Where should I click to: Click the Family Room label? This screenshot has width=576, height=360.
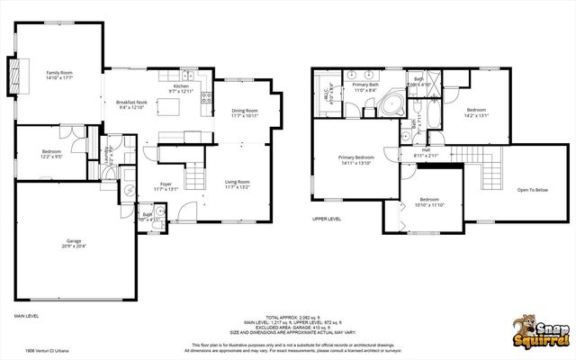coord(59,75)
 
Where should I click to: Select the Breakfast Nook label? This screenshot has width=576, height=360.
coord(131,104)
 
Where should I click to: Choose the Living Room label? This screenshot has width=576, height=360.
coord(237,184)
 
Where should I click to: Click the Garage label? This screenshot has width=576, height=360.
coord(74,243)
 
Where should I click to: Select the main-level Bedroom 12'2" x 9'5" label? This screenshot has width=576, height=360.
coord(51,155)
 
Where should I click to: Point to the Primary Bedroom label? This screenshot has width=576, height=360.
coord(356,160)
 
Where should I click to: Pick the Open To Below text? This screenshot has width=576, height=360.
coord(533,190)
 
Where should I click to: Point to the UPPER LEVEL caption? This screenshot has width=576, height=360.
coord(326,219)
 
